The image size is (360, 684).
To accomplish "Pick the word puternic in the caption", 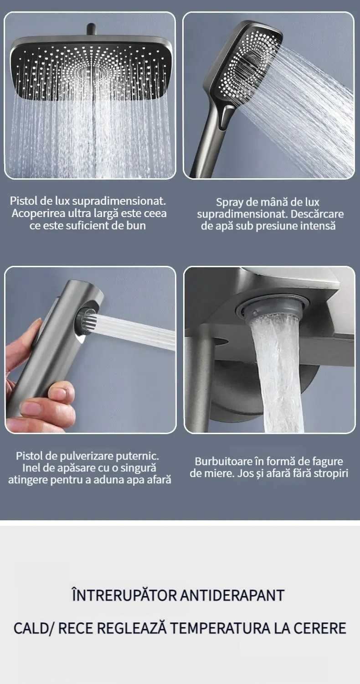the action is [x=139, y=456].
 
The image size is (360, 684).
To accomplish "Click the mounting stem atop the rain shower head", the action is [x=91, y=30].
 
